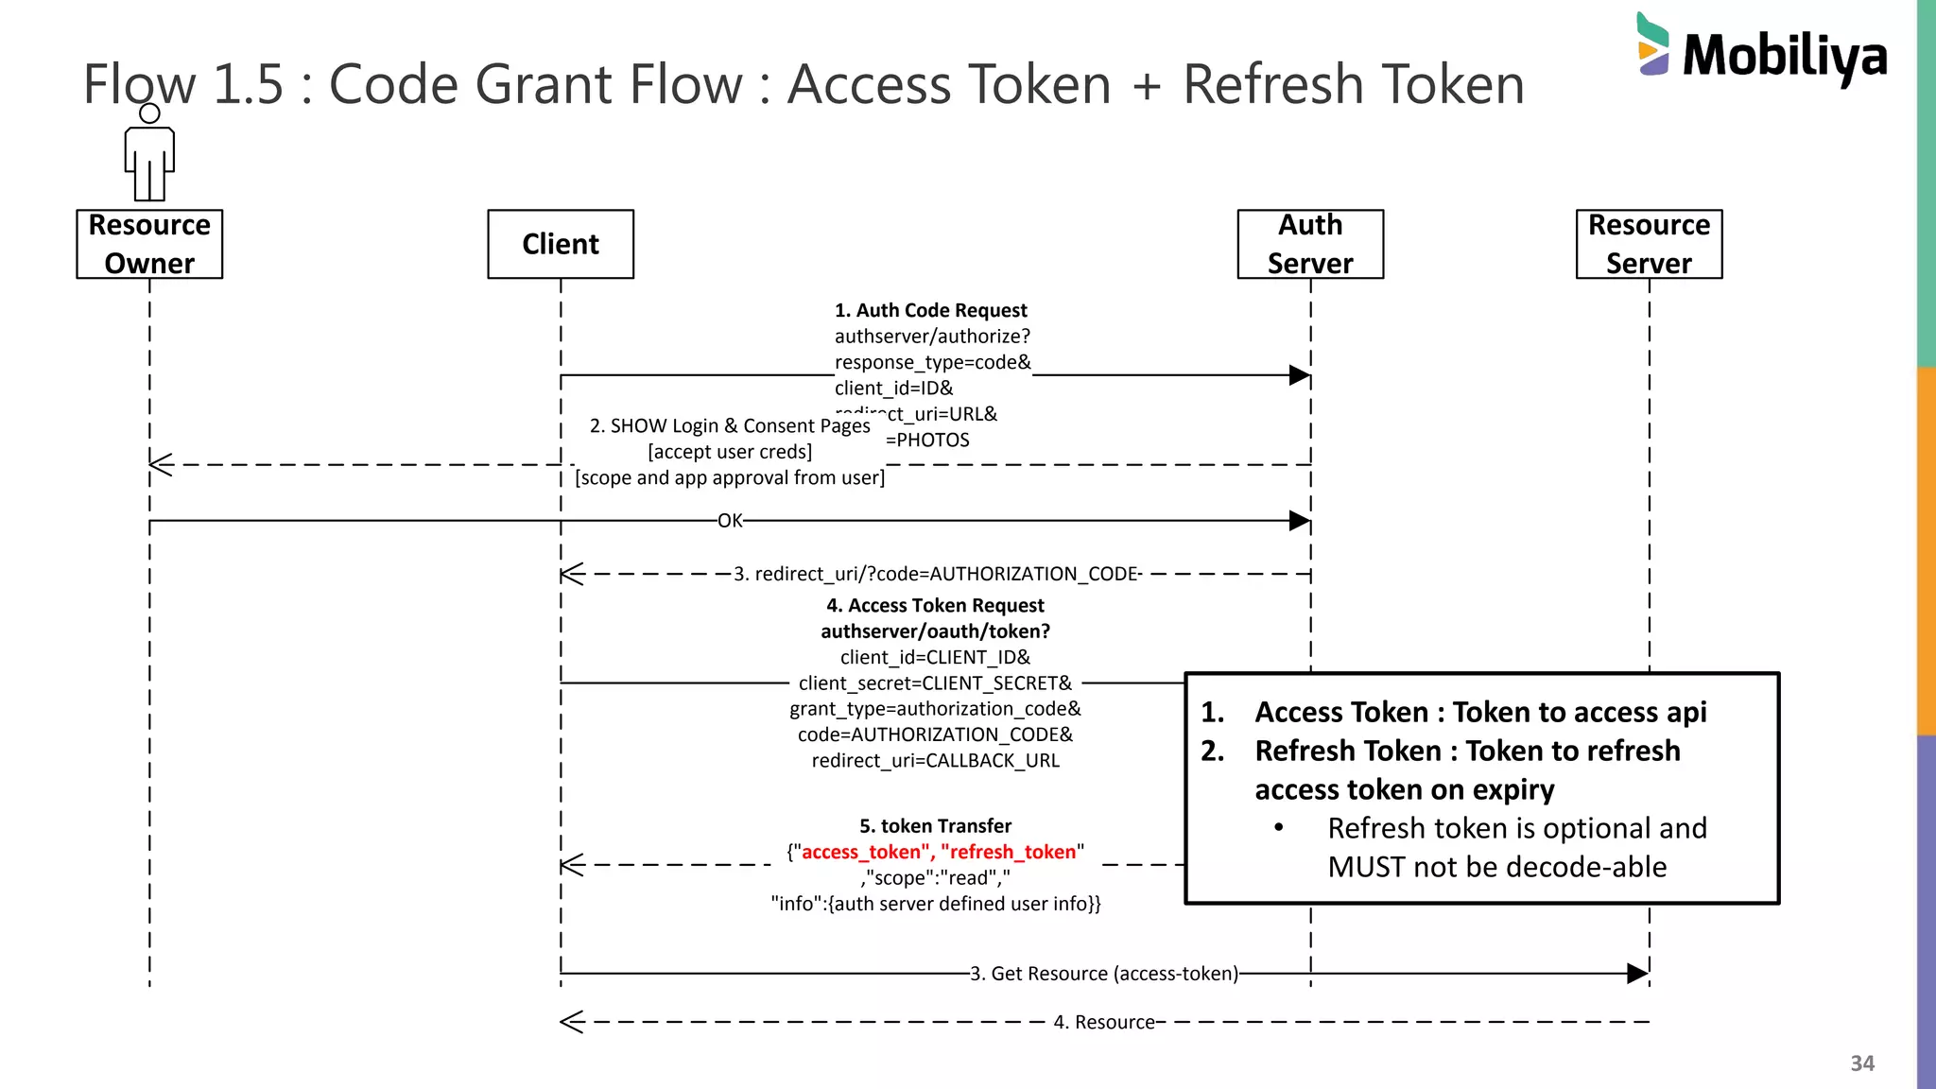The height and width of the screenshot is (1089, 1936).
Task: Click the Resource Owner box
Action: pyautogui.click(x=149, y=244)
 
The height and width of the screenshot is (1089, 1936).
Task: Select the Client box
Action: pyautogui.click(x=561, y=244)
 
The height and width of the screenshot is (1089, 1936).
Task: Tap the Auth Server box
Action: pyautogui.click(x=1310, y=244)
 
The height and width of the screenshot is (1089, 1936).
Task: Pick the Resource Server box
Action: pyautogui.click(x=1649, y=244)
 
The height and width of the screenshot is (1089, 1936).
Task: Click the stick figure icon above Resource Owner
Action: pyautogui.click(x=149, y=156)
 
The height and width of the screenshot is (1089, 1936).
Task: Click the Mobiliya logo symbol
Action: pyautogui.click(x=1652, y=44)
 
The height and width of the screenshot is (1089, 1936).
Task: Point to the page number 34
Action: pyautogui.click(x=1861, y=1063)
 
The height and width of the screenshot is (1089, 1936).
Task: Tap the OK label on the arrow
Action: pyautogui.click(x=730, y=521)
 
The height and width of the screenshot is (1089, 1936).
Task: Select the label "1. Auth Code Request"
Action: pyautogui.click(x=930, y=310)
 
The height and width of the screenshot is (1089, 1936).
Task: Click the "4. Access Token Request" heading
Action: pyautogui.click(x=935, y=605)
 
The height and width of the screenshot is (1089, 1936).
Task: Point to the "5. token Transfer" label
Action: pyautogui.click(x=935, y=826)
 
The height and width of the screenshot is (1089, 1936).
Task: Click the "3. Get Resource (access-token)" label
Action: pyautogui.click(x=1104, y=974)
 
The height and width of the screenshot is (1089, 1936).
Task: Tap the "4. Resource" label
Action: pyautogui.click(x=1104, y=1022)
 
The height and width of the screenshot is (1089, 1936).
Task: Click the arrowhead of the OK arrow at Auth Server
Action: pyautogui.click(x=1300, y=521)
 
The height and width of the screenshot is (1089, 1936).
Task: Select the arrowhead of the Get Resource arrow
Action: pyautogui.click(x=1637, y=974)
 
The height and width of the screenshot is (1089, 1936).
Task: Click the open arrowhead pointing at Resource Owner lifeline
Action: pyautogui.click(x=161, y=464)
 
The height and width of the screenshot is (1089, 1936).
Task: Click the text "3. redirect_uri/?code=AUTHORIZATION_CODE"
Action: pyautogui.click(x=936, y=574)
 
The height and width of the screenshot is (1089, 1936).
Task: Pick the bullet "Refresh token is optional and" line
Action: pyautogui.click(x=1516, y=828)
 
